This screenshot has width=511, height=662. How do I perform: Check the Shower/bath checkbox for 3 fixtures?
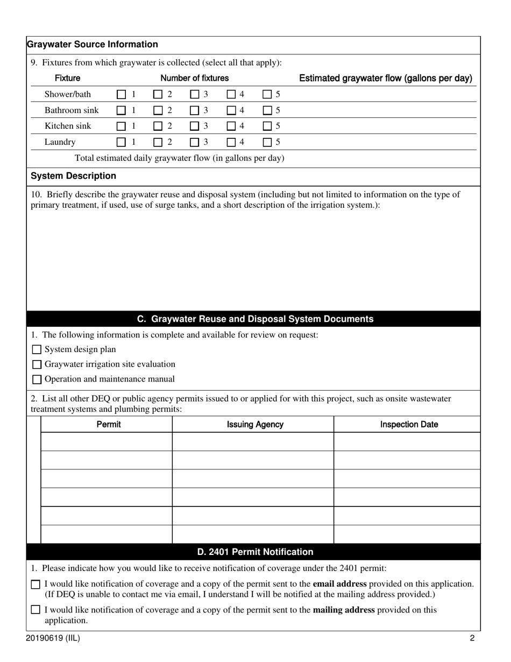(195, 94)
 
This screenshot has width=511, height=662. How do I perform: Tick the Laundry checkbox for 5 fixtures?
(267, 143)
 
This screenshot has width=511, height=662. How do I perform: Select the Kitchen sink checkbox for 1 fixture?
(122, 126)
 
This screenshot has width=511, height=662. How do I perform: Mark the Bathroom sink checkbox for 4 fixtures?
(231, 110)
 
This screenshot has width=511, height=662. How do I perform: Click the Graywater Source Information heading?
(92, 45)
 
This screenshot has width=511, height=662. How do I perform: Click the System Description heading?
(73, 176)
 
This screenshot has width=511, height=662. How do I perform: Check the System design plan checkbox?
(37, 350)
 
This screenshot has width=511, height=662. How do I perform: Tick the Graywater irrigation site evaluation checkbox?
(37, 364)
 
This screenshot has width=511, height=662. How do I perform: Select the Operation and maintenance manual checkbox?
(37, 379)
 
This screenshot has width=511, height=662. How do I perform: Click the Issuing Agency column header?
(255, 425)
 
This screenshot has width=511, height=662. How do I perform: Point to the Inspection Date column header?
(409, 425)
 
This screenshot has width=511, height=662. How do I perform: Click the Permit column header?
(109, 425)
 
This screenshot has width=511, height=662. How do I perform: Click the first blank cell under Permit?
(107, 442)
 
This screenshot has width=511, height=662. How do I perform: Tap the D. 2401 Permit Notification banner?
(255, 552)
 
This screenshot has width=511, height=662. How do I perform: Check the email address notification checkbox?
(36, 584)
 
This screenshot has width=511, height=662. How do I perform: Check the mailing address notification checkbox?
(36, 610)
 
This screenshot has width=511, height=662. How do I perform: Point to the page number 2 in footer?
(472, 639)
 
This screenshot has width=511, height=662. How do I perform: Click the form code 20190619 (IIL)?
(53, 639)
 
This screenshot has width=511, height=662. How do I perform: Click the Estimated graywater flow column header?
(385, 79)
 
